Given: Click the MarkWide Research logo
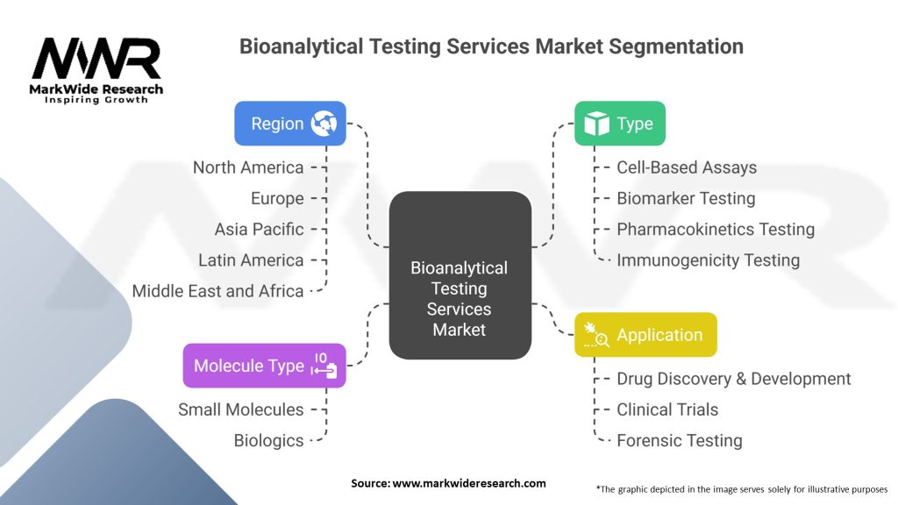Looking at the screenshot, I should point(97,69).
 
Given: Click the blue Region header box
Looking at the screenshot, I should point(289,124).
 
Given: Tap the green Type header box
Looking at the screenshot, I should point(619,124).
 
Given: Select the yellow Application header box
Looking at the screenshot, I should point(645,335).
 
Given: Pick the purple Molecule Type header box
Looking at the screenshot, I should point(264,366).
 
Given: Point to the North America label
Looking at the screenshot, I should point(248,167).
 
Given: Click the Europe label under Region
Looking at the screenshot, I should point(277,198).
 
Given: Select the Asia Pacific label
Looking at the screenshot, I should point(260,229).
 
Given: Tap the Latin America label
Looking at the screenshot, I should point(251,260).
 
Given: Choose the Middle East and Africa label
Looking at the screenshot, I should point(217,291).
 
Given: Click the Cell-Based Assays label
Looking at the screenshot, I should point(687,167).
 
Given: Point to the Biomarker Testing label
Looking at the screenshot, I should point(686,198).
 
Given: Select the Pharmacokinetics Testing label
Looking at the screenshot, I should point(716,229).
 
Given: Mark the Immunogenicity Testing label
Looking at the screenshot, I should point(709,260).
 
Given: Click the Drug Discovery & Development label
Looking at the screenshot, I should point(734,379).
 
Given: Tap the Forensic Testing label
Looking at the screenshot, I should point(680,440).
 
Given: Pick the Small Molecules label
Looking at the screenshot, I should point(241,409).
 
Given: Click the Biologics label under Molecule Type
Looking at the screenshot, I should point(269,440).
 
